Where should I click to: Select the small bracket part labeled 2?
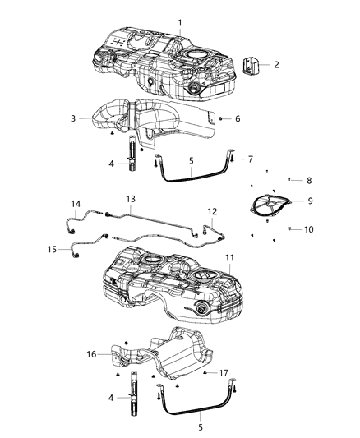pyautogui.click(x=250, y=64)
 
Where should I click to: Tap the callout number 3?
pyautogui.click(x=73, y=119)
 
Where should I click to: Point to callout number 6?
pyautogui.click(x=238, y=119)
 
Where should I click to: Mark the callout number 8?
pyautogui.click(x=309, y=180)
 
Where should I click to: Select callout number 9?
pyautogui.click(x=309, y=200)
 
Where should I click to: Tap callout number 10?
pyautogui.click(x=309, y=229)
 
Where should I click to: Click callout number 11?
pyautogui.click(x=231, y=257)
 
